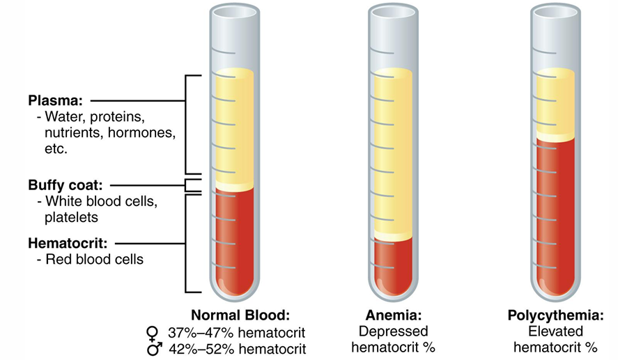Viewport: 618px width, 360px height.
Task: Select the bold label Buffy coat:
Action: [x=65, y=185]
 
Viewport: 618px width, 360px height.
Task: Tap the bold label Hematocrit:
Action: [x=67, y=244]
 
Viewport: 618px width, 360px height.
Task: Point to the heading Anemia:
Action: [x=394, y=314]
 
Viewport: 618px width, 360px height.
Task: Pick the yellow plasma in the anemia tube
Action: [x=394, y=153]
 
